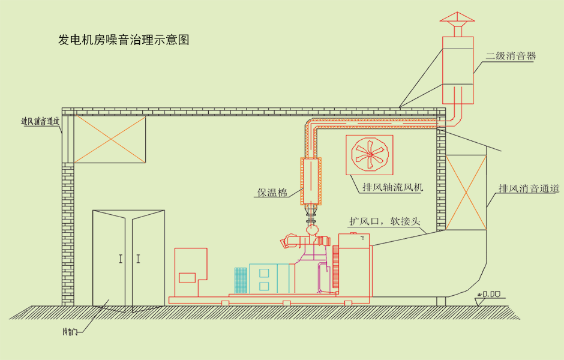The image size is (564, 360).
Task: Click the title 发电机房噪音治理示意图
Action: pyautogui.click(x=124, y=40)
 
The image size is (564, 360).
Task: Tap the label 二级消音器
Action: pyautogui.click(x=510, y=56)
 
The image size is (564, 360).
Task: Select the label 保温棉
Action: pyautogui.click(x=272, y=193)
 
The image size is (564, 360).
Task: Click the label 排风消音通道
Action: pyautogui.click(x=529, y=188)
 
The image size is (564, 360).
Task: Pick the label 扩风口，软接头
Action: pyautogui.click(x=387, y=220)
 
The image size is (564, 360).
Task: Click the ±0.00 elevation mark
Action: pyautogui.click(x=490, y=294)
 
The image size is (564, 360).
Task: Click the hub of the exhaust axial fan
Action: pyautogui.click(x=370, y=155)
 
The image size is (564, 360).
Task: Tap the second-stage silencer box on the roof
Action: pyautogui.click(x=458, y=69)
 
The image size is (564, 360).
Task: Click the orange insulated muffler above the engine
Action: pyautogui.click(x=311, y=181)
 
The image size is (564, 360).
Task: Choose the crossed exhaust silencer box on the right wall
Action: pyautogui.click(x=466, y=192)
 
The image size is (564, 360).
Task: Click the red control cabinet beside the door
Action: pyautogui.click(x=190, y=271)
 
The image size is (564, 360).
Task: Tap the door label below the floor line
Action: pyautogui.click(x=71, y=331)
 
